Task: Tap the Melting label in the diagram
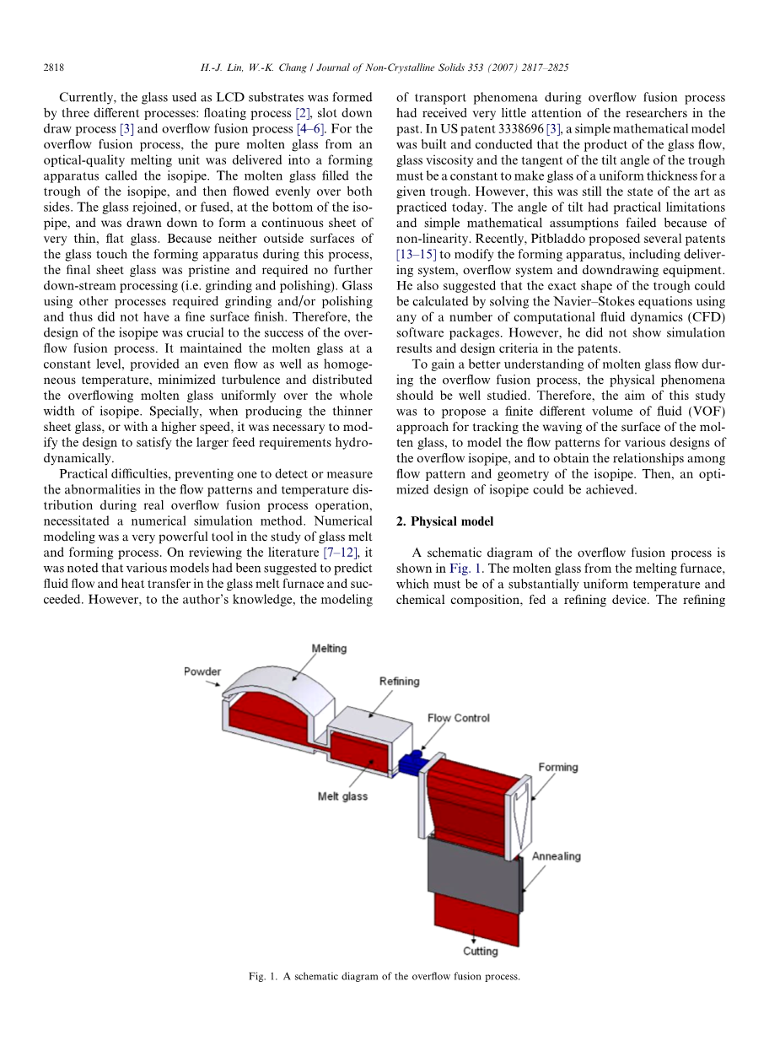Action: (329, 648)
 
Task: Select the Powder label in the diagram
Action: (202, 672)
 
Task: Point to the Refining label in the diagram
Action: (399, 681)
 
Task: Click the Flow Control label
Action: (458, 718)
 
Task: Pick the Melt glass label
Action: (342, 796)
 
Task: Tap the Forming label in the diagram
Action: (558, 767)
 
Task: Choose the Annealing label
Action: (556, 856)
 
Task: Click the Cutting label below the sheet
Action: (480, 951)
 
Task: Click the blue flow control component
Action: (412, 762)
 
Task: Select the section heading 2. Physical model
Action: (444, 521)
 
